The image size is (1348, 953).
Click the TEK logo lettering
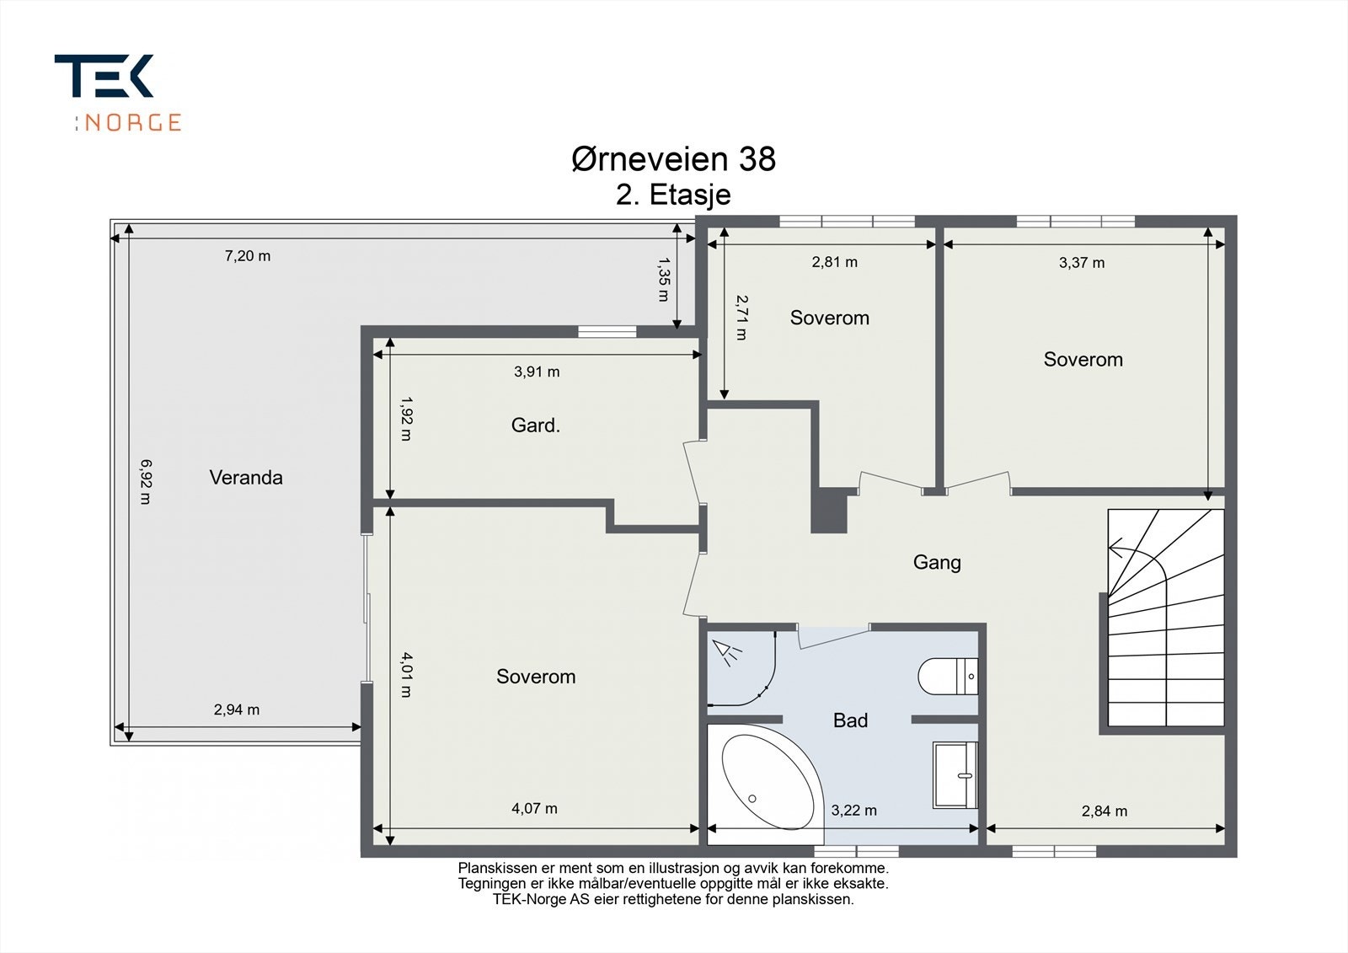(104, 76)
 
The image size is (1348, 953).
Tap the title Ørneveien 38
(673, 159)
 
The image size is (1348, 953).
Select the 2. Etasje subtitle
(673, 195)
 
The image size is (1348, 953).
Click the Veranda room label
(246, 478)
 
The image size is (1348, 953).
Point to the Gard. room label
(536, 426)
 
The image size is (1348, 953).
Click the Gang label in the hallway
(937, 562)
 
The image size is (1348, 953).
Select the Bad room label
(850, 720)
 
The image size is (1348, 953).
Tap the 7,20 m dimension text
(248, 256)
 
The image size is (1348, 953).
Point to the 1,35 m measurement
(664, 280)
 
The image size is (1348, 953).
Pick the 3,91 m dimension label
(537, 372)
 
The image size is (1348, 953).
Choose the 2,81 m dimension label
(835, 262)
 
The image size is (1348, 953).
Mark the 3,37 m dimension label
(1082, 263)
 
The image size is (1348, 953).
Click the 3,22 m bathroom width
(854, 811)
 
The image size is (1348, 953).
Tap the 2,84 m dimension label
(1105, 811)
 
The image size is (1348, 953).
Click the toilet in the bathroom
(948, 677)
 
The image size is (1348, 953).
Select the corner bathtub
(766, 784)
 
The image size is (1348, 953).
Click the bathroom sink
(955, 775)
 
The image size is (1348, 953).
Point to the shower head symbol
(726, 653)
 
